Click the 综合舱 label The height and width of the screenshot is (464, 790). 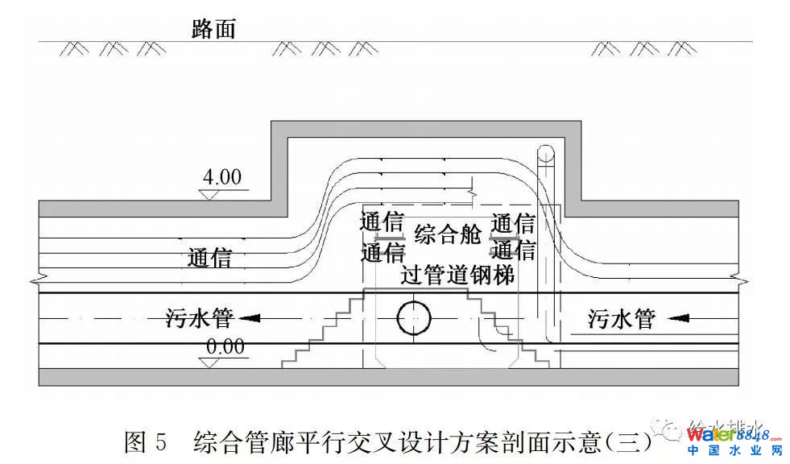pyautogui.click(x=448, y=235)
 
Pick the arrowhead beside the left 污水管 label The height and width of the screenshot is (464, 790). pyautogui.click(x=250, y=319)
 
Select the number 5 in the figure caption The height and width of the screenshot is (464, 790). pyautogui.click(x=161, y=441)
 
